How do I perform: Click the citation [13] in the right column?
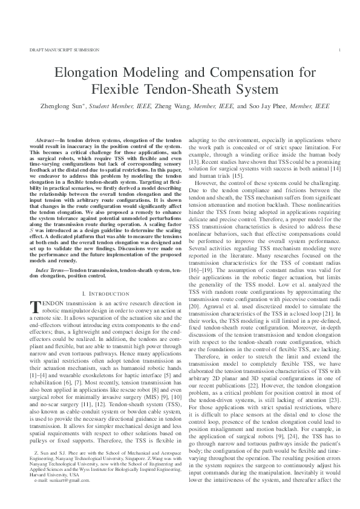(195, 163)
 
